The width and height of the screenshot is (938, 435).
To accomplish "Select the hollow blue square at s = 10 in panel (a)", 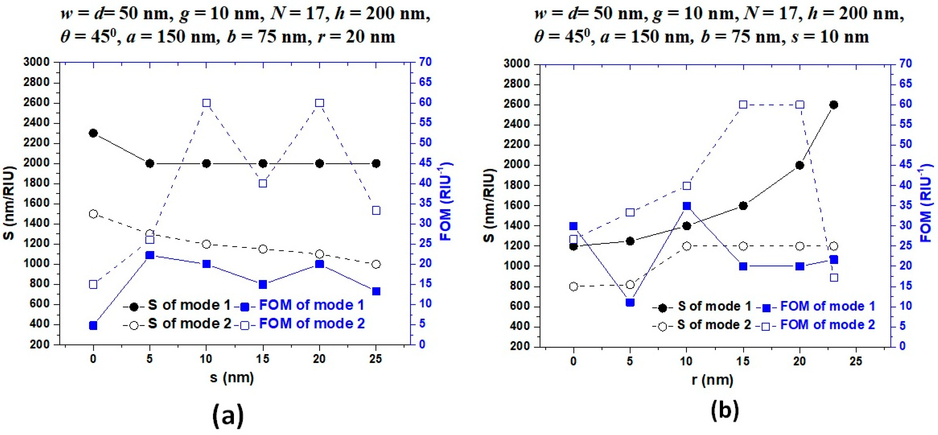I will pyautogui.click(x=206, y=103).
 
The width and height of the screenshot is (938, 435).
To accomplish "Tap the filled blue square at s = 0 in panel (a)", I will pyautogui.click(x=93, y=325).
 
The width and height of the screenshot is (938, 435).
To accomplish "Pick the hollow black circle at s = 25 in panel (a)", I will pyautogui.click(x=376, y=264).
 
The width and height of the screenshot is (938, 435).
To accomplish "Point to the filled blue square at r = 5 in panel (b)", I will pyautogui.click(x=630, y=302).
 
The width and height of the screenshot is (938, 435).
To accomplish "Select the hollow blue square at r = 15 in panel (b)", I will pyautogui.click(x=743, y=105).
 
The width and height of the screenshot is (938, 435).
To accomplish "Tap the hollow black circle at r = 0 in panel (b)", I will pyautogui.click(x=573, y=287).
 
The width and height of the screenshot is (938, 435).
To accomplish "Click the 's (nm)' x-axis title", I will pyautogui.click(x=232, y=377).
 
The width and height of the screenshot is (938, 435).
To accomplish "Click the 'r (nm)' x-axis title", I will pyautogui.click(x=712, y=380).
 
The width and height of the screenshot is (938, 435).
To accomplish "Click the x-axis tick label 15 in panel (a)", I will pyautogui.click(x=262, y=359).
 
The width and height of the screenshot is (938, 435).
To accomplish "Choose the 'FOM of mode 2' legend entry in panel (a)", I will pyautogui.click(x=311, y=324).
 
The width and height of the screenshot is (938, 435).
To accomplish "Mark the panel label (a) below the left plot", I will pyautogui.click(x=228, y=415).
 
